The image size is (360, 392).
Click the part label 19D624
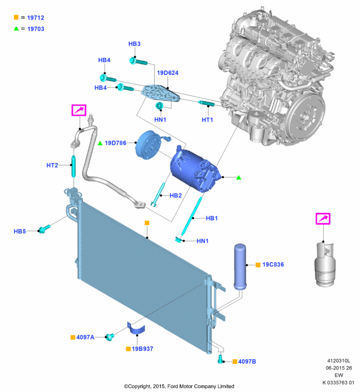click(168, 73)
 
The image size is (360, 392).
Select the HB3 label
click(134, 44)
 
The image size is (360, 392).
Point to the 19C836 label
click(273, 265)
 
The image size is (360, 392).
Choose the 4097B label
click(247, 361)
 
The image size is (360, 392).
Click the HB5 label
click(20, 230)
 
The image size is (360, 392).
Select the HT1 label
click(207, 120)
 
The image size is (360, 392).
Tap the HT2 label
click(52, 165)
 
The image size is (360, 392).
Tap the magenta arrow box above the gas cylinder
click(323, 219)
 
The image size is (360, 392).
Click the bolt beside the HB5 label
click(45, 228)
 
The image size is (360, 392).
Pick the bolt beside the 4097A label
click(111, 336)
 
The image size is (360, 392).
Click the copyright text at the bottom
click(179, 387)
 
